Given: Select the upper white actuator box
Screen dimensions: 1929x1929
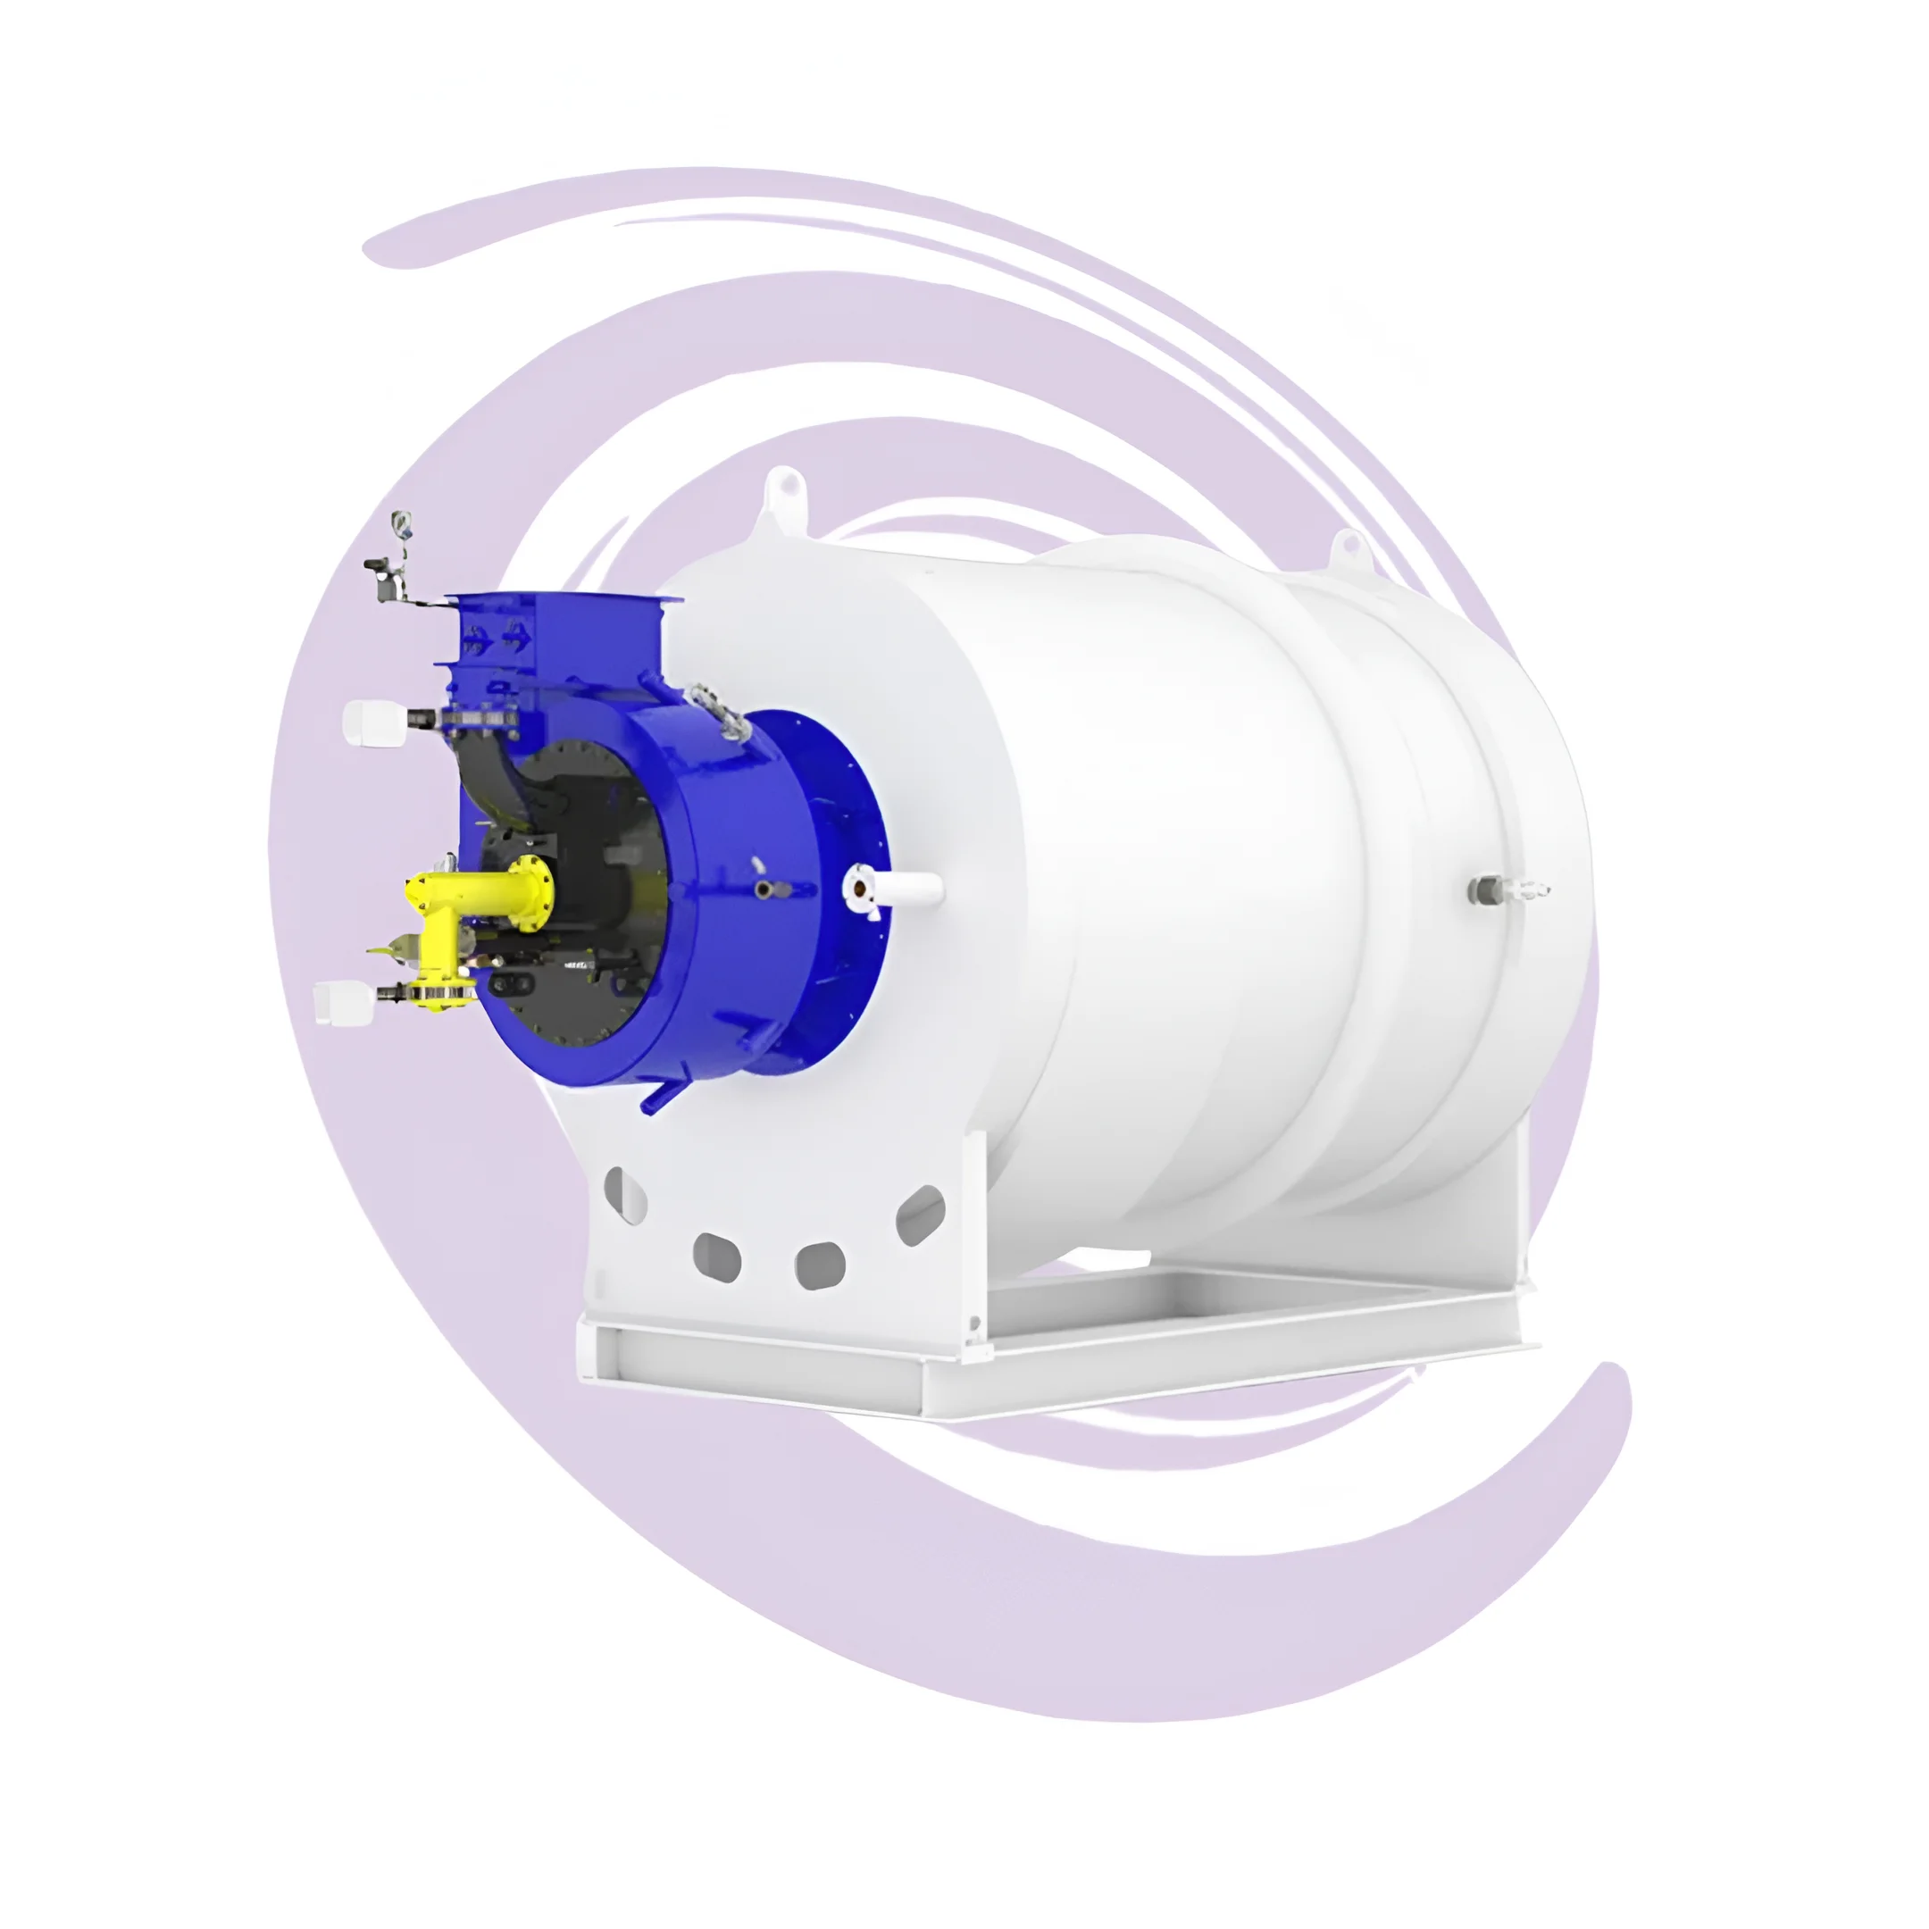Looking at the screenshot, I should tap(372, 721).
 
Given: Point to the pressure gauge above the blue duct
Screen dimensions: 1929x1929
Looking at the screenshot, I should tap(400, 522).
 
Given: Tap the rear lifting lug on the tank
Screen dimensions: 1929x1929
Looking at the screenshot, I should tap(1349, 547).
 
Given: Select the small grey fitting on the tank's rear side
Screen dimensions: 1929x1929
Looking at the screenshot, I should tap(1490, 888).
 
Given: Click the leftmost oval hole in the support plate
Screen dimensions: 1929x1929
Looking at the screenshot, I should tap(626, 1194).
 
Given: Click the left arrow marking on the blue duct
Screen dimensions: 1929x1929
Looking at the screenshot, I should tap(476, 635).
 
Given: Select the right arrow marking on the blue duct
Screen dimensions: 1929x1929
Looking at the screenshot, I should tap(516, 633).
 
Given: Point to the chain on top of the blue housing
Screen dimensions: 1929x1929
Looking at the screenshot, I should tap(719, 711).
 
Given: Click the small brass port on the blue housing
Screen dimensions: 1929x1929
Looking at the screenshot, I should tap(764, 888).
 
